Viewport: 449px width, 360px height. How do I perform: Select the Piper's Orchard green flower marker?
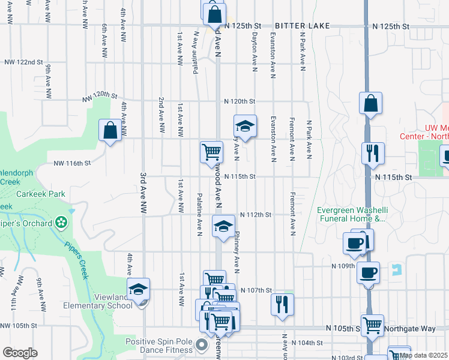61,223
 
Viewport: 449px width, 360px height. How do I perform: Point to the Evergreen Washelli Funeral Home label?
351,214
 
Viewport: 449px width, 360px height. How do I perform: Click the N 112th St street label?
256,215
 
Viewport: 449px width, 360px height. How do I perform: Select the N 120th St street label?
240,101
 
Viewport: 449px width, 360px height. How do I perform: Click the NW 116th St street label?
71,163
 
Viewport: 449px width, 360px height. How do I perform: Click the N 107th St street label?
256,290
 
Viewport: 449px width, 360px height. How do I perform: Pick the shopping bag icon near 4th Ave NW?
110,130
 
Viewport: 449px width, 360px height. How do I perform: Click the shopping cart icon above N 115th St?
211,151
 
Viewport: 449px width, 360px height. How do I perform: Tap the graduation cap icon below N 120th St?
244,126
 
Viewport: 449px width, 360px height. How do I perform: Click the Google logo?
20,353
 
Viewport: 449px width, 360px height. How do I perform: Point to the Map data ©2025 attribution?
424,355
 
